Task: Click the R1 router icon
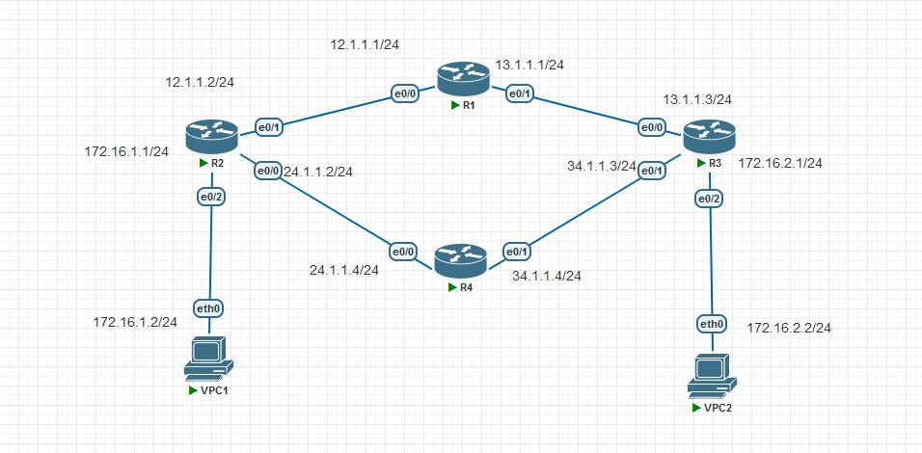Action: (x=463, y=78)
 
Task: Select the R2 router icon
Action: (x=211, y=136)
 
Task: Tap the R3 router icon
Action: (x=709, y=136)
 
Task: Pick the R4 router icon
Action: (x=461, y=259)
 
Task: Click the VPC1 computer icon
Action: (x=208, y=359)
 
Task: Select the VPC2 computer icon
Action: (x=712, y=376)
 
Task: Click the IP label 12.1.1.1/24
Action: (x=366, y=44)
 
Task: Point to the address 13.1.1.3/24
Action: (x=696, y=99)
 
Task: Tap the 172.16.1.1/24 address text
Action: (x=126, y=151)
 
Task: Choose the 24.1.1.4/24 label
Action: (x=344, y=270)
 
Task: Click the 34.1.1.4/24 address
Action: (x=547, y=276)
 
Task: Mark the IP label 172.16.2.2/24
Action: (x=789, y=329)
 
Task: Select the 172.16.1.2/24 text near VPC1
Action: (x=135, y=322)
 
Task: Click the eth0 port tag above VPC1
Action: (x=208, y=307)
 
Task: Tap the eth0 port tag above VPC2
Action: (x=712, y=323)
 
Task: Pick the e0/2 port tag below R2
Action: (x=211, y=198)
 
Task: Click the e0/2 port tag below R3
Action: (x=709, y=200)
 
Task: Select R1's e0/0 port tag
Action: (x=405, y=93)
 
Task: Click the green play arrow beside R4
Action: (x=452, y=286)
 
